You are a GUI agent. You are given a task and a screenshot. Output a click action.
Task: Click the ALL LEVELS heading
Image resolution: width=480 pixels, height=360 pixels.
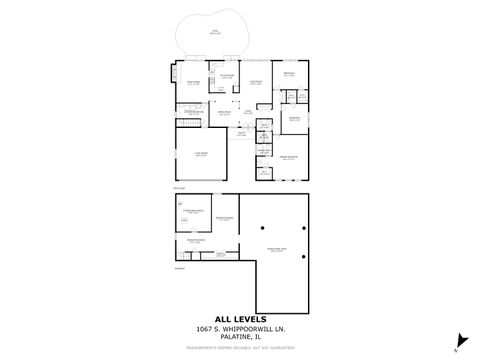239,319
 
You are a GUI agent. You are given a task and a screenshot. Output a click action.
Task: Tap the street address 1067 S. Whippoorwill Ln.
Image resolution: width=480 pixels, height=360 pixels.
239,329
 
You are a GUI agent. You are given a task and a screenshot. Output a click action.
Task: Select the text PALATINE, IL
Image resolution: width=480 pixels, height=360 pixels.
239,337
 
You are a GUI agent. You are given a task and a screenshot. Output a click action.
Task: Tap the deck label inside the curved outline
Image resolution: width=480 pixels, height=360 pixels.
213,31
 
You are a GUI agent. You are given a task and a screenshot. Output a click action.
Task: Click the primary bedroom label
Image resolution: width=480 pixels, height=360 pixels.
289,157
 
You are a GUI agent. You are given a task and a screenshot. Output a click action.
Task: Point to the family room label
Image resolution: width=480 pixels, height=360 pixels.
192,83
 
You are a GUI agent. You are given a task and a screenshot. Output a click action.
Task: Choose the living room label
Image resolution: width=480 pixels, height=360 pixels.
256,83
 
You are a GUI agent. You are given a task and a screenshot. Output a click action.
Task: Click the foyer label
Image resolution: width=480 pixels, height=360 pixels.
241,132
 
